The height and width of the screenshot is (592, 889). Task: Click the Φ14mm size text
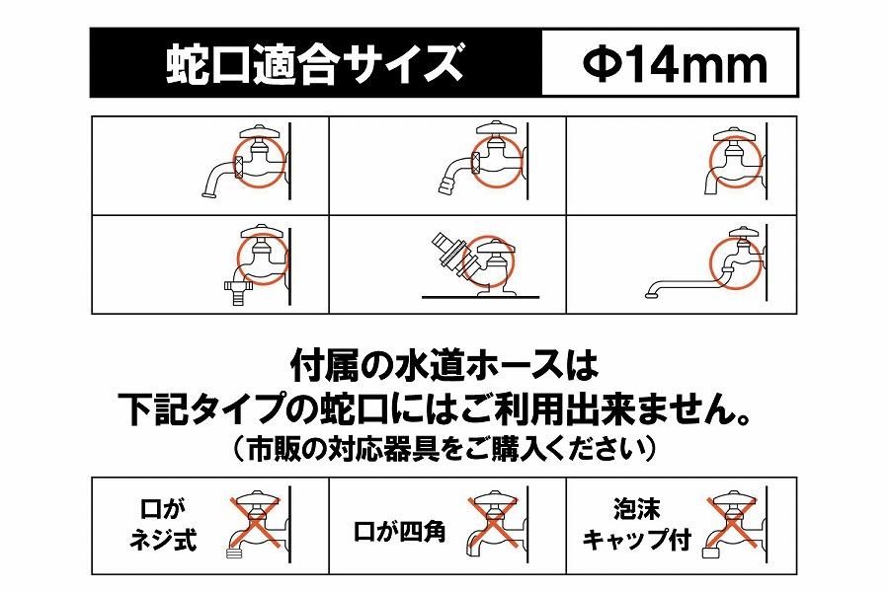click(674, 65)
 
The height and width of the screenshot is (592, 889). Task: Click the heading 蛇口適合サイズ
click(313, 65)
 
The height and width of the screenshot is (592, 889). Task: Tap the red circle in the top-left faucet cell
click(260, 160)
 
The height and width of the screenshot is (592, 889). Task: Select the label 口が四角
click(399, 534)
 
